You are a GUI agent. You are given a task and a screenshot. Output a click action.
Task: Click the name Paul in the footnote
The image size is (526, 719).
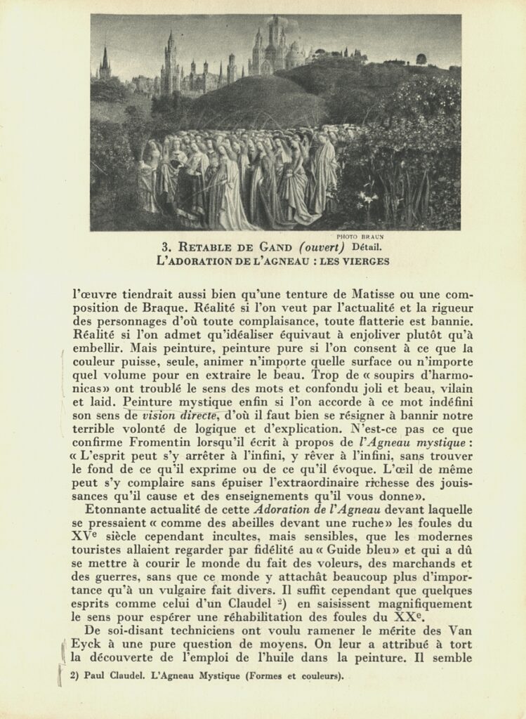(92, 677)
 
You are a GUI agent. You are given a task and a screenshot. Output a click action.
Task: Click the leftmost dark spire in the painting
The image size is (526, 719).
(105, 62)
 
